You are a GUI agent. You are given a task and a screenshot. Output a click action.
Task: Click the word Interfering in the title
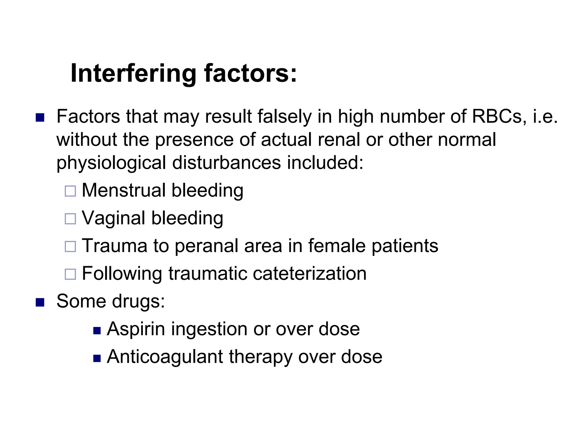pyautogui.click(x=133, y=73)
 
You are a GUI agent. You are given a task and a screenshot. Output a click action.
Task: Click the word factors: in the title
pyautogui.click(x=250, y=73)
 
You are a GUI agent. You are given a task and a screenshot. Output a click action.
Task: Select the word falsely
pyautogui.click(x=285, y=117)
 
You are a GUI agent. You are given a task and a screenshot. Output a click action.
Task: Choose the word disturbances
pyautogui.click(x=227, y=163)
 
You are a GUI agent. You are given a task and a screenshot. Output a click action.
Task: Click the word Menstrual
pyautogui.click(x=124, y=190)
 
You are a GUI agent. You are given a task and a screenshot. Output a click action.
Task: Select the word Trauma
pyautogui.click(x=114, y=246)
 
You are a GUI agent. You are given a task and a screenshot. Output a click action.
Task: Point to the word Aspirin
pyautogui.click(x=136, y=329)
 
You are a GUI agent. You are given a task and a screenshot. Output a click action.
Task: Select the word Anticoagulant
pyautogui.click(x=165, y=357)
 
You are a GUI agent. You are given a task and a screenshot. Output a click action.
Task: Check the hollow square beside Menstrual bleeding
pyautogui.click(x=70, y=191)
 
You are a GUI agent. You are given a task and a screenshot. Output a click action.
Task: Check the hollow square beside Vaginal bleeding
pyautogui.click(x=70, y=219)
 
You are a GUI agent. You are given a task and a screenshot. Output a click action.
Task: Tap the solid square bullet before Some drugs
pyautogui.click(x=40, y=302)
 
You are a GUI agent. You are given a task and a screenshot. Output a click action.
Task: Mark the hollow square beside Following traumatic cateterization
pyautogui.click(x=70, y=274)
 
